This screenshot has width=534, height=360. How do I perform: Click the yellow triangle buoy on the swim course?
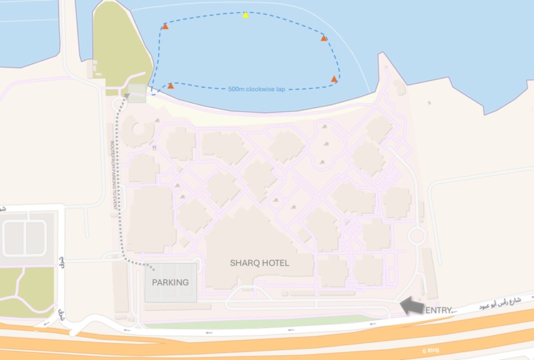(x=246, y=15)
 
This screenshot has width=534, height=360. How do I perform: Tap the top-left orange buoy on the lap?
(x=165, y=26)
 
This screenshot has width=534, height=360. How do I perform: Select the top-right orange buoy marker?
(x=324, y=38)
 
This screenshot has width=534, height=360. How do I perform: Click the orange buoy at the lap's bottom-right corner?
(x=334, y=79)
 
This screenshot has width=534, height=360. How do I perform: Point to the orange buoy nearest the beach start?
(x=170, y=86)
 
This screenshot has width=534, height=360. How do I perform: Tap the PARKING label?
(x=171, y=282)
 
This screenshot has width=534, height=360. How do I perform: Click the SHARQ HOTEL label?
(x=259, y=263)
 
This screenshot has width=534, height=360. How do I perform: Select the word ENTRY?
(x=439, y=310)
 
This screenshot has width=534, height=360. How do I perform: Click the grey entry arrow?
(x=411, y=306)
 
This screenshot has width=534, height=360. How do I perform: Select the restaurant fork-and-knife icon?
(x=154, y=149)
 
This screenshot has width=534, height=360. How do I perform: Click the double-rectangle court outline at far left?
(x=25, y=238)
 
